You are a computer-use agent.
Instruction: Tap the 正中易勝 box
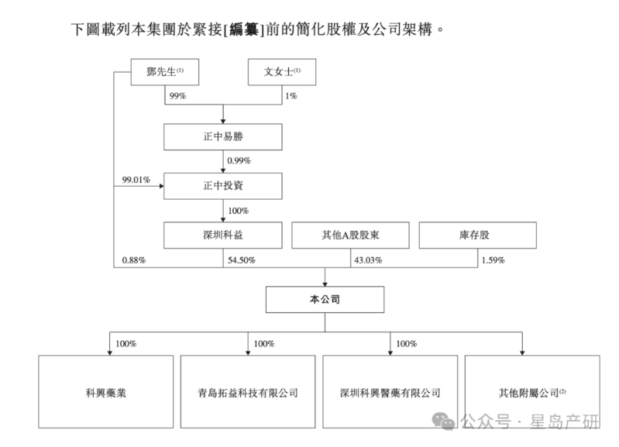(x=223, y=136)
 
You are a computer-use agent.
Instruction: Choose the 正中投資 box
(x=223, y=186)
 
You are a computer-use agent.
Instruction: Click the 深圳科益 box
(x=223, y=235)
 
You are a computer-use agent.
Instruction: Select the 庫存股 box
(x=476, y=235)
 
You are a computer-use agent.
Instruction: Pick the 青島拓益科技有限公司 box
(x=248, y=392)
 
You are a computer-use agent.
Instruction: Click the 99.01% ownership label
(x=136, y=179)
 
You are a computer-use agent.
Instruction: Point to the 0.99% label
(x=239, y=160)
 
